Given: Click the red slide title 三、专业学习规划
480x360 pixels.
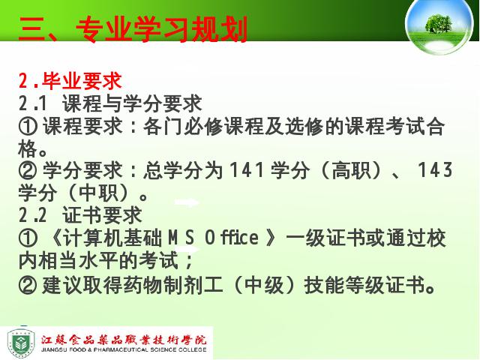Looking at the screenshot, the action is [x=133, y=29].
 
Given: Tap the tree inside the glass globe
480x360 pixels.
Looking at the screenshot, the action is [x=438, y=24].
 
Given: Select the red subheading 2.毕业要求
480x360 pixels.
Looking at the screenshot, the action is [x=70, y=81].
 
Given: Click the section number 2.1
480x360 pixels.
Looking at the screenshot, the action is [x=32, y=103].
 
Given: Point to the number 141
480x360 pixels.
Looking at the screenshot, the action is [x=247, y=170].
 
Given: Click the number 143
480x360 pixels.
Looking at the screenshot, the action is [x=435, y=170].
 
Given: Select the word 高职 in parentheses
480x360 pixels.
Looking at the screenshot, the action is [x=351, y=170].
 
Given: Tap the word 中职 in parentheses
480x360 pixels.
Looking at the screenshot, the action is [x=98, y=193].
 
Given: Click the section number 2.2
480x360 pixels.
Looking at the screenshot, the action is [x=32, y=215].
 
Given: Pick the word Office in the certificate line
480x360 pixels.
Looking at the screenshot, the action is [x=232, y=238].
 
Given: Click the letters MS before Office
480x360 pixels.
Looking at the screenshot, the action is [x=181, y=238].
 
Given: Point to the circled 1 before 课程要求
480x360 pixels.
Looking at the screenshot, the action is [x=28, y=127].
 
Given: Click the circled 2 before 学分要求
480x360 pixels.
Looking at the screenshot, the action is [x=28, y=170].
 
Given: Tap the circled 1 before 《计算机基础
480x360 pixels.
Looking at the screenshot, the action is [x=28, y=238].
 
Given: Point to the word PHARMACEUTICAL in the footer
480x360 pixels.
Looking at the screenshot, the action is [x=121, y=350].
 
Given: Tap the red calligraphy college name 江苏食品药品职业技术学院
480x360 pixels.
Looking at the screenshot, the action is [x=124, y=340].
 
